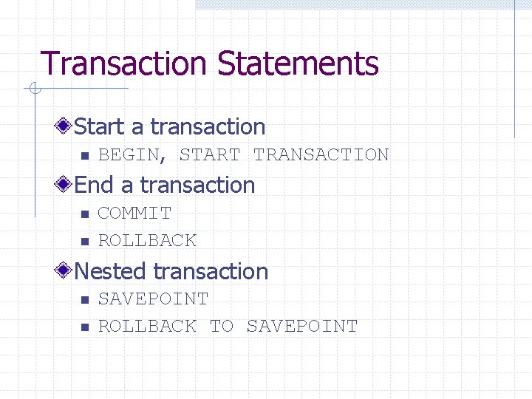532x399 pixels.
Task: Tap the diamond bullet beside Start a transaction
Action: [x=66, y=127]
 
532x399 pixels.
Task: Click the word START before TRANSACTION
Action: [x=210, y=155]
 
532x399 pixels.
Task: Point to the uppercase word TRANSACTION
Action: [x=321, y=155]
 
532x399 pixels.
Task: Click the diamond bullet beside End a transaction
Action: [x=66, y=185]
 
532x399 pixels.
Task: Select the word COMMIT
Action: [x=134, y=213]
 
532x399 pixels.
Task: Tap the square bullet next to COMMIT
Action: [x=84, y=214]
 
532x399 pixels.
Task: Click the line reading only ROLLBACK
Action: [x=147, y=240]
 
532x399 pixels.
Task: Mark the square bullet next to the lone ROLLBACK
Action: [x=84, y=242]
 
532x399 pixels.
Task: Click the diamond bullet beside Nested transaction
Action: [x=66, y=271]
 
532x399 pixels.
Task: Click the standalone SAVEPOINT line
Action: [x=153, y=299]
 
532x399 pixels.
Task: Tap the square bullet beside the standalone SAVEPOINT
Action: [x=84, y=300]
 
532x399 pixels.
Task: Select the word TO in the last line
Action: [x=222, y=326]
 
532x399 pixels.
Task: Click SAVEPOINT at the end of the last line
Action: [x=301, y=326]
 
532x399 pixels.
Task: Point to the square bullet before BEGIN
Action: [x=84, y=156]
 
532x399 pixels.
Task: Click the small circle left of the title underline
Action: [x=33, y=89]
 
